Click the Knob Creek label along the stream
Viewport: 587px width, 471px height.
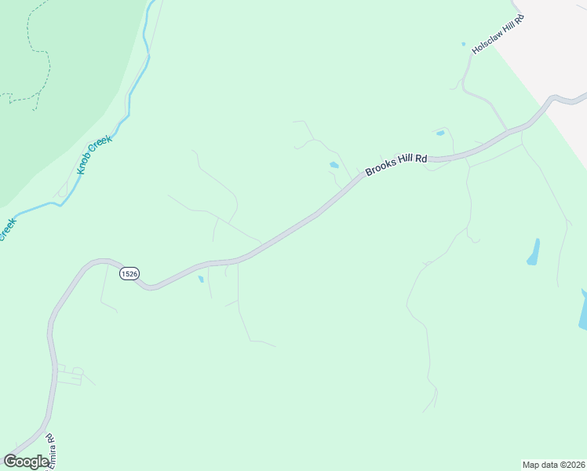[x=94, y=155]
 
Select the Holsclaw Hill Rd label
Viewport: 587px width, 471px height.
[x=498, y=34]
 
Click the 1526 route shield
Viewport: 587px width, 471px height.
[x=129, y=273]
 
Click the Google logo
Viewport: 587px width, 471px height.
[x=26, y=462]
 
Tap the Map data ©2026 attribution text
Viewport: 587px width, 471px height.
[x=554, y=464]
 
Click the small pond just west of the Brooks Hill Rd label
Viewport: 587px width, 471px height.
[x=334, y=165]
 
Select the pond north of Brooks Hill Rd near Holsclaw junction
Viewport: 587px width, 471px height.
[x=440, y=133]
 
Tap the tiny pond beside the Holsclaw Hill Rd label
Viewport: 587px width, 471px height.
[x=463, y=44]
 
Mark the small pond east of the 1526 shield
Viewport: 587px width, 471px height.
[x=201, y=279]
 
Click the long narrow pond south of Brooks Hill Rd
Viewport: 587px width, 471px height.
[x=534, y=252]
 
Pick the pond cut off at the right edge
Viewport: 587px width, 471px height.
[x=583, y=310]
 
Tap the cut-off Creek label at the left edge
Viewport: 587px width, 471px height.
[x=6, y=228]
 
